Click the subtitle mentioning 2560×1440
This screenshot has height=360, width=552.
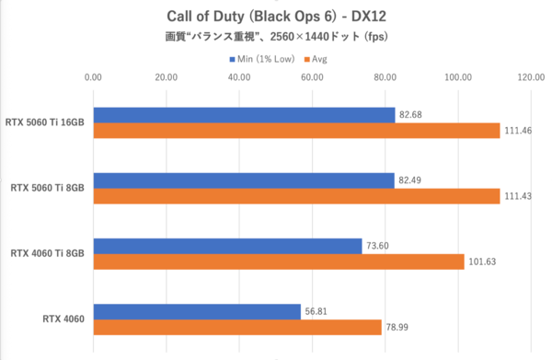click(x=275, y=39)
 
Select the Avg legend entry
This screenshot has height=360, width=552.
click(x=318, y=60)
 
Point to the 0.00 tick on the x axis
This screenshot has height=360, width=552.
click(x=93, y=78)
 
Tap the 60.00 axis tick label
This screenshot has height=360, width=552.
click(x=312, y=78)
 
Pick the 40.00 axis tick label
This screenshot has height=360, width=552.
click(x=238, y=78)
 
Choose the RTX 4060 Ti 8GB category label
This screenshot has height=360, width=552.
click(x=48, y=253)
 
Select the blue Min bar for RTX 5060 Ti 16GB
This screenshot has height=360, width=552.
click(x=243, y=115)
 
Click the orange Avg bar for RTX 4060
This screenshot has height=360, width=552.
click(x=236, y=327)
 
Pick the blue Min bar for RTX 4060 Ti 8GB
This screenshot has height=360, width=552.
click(x=226, y=245)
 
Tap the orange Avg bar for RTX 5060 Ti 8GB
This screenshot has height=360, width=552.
click(x=295, y=197)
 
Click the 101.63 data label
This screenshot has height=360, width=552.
click(x=484, y=262)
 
